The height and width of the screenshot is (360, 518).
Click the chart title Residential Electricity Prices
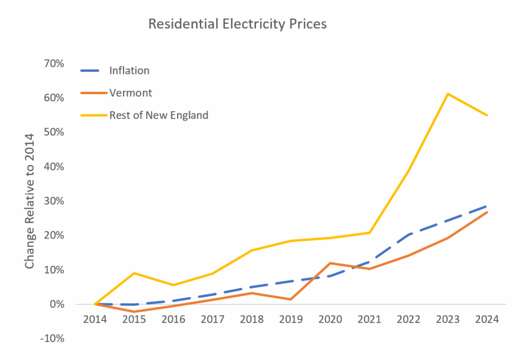(237, 24)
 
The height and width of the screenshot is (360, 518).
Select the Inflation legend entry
(129, 70)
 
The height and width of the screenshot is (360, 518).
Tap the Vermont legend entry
(131, 93)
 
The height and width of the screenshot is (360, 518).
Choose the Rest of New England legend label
(158, 115)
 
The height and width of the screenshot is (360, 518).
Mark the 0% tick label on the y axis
(56, 304)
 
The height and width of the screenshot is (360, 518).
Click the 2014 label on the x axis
(95, 320)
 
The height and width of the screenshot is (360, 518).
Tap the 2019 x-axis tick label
(291, 320)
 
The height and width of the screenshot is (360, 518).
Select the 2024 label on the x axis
(488, 320)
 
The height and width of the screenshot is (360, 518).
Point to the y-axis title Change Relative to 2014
(30, 201)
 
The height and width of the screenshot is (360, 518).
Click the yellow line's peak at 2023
(448, 94)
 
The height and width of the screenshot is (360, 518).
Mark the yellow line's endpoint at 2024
(487, 115)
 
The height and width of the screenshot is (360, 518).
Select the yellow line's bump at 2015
(135, 273)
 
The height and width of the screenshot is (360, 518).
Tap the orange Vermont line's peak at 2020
(330, 263)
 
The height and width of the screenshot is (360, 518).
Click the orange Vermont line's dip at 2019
(291, 299)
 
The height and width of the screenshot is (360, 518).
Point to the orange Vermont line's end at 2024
(487, 212)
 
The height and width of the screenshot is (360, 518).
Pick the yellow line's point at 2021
(370, 232)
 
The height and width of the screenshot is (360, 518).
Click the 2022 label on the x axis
(409, 320)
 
